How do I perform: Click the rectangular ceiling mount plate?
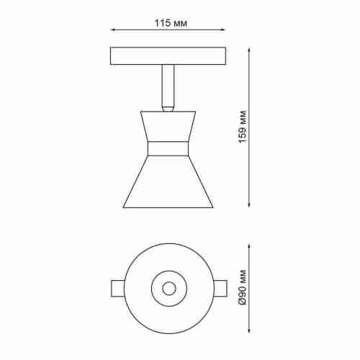click(x=169, y=55)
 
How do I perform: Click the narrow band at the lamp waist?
click(x=168, y=148)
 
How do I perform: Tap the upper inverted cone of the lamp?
click(x=168, y=126)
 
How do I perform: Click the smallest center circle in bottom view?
click(x=169, y=288)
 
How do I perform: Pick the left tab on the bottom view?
click(x=118, y=288)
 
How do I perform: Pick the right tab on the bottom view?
click(x=221, y=288)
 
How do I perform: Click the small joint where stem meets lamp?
click(x=168, y=109)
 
